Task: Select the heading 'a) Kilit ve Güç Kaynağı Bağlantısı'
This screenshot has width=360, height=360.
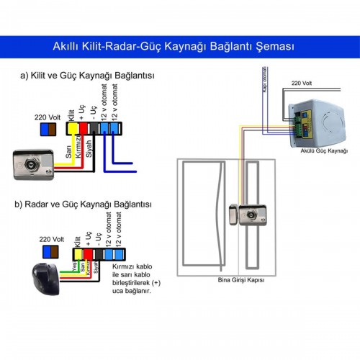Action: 88,75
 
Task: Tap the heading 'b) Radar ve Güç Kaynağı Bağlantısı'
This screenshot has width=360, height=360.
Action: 89,205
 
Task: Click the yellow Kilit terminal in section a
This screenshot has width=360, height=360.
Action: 73,128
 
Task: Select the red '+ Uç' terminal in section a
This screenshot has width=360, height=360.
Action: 83,128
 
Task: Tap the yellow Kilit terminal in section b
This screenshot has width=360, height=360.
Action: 77,253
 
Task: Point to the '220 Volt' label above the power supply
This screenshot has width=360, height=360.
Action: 301,84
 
